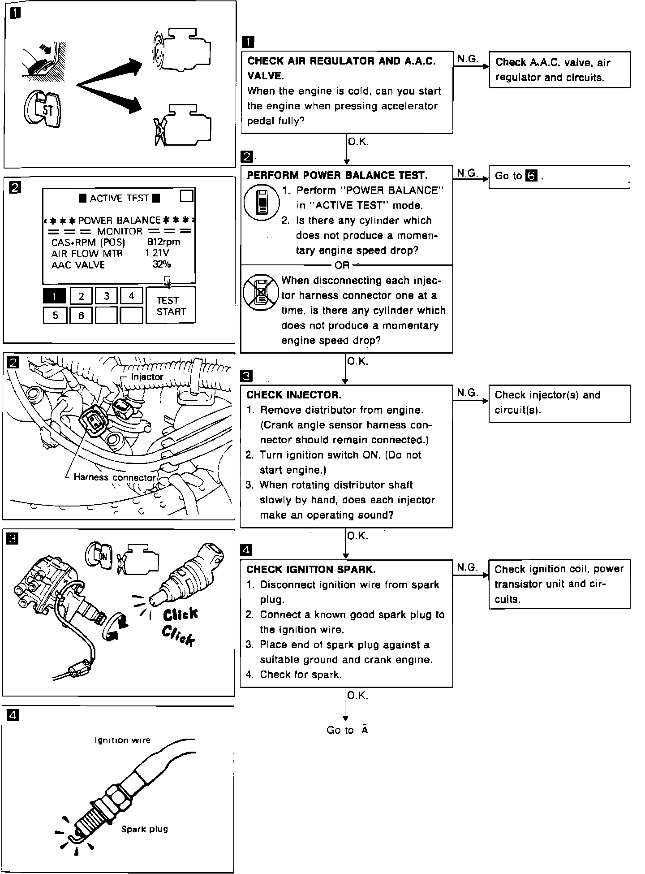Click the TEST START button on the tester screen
(x=171, y=306)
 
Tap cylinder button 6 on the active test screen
(x=81, y=315)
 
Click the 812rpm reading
(x=163, y=242)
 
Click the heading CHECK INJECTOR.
(x=294, y=395)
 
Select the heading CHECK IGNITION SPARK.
(x=311, y=570)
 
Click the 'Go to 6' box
(x=559, y=176)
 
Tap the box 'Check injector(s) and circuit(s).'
(x=559, y=403)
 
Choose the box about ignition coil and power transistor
(x=559, y=584)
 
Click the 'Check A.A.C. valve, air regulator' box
(x=560, y=70)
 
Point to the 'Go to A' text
(x=347, y=730)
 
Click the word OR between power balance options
(x=342, y=265)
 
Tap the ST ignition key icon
(x=44, y=109)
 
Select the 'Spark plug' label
(x=144, y=829)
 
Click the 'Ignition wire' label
(x=122, y=740)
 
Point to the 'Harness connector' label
(x=114, y=477)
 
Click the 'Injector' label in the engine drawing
(x=147, y=377)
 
